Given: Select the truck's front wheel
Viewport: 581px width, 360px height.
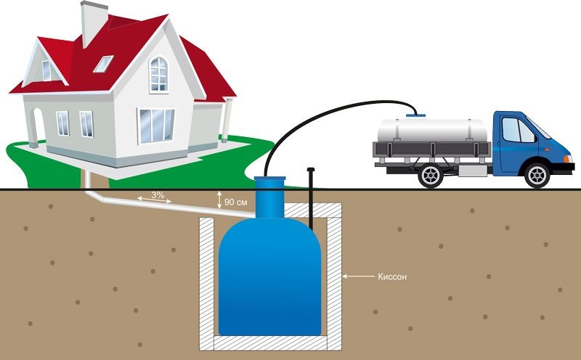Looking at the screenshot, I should [x=537, y=175].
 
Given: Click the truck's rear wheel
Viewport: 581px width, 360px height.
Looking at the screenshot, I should [x=428, y=175].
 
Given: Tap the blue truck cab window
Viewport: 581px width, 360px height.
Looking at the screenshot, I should [x=517, y=130].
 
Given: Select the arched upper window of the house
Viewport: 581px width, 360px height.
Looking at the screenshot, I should [x=158, y=74].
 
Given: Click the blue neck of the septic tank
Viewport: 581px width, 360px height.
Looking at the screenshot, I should [x=269, y=192].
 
